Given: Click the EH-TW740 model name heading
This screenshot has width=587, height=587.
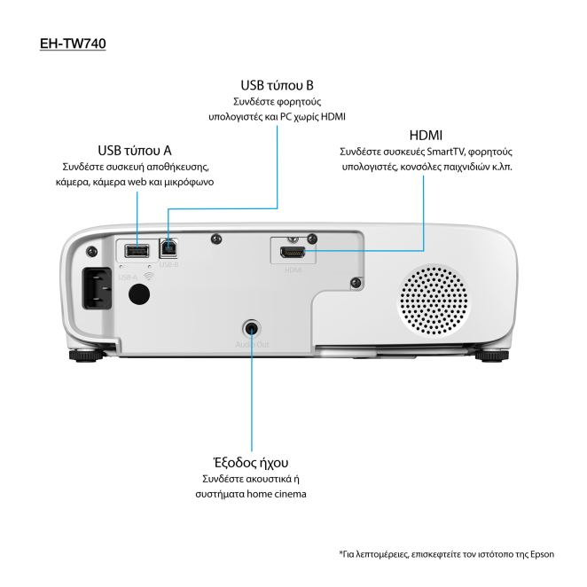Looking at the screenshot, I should [x=73, y=43].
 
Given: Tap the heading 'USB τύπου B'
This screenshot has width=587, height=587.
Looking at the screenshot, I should [x=277, y=85].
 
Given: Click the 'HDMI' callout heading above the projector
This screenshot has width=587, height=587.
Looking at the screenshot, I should [x=426, y=135].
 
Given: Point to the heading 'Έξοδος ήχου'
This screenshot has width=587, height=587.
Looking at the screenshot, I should [x=251, y=463].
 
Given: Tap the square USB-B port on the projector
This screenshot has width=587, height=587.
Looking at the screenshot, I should [x=168, y=249].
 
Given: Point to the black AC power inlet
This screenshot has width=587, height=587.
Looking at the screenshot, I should [x=97, y=287].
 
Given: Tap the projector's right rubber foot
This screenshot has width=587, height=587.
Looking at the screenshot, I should [x=493, y=356].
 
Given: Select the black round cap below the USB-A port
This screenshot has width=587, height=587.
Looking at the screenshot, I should [x=137, y=295].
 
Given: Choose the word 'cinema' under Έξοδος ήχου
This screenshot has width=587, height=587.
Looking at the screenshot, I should [x=288, y=494].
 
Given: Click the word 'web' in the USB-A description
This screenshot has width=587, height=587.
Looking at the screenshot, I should [x=138, y=182].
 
